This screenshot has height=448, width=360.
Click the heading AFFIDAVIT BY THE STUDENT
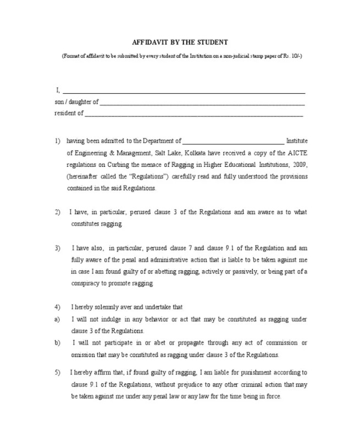click(x=180, y=42)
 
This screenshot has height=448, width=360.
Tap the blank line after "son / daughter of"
click(x=202, y=103)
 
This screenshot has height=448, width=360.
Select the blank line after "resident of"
click(x=194, y=115)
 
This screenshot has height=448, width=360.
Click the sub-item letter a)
click(x=57, y=319)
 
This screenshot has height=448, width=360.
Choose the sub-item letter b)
click(x=57, y=342)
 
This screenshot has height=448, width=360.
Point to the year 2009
click(x=299, y=164)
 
